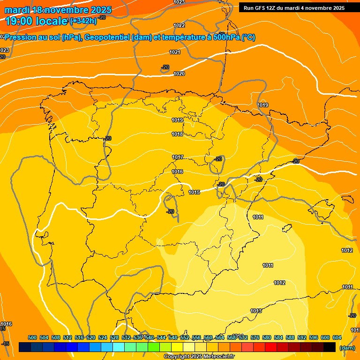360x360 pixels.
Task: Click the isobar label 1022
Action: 179,25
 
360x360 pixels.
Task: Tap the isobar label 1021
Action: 175,52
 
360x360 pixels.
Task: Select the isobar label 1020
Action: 179,74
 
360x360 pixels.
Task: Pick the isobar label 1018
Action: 177,135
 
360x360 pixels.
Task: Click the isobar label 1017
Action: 177,157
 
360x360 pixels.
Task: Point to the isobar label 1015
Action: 194,192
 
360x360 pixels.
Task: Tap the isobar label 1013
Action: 256,311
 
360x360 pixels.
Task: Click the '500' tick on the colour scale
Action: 32,337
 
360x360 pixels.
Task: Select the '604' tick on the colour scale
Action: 337,337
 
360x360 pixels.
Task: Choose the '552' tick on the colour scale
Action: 185,337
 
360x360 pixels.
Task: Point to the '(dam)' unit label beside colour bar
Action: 347,347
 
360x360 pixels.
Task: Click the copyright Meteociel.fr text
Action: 199,356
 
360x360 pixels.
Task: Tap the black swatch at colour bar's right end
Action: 330,347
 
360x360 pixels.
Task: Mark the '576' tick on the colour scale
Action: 255,337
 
